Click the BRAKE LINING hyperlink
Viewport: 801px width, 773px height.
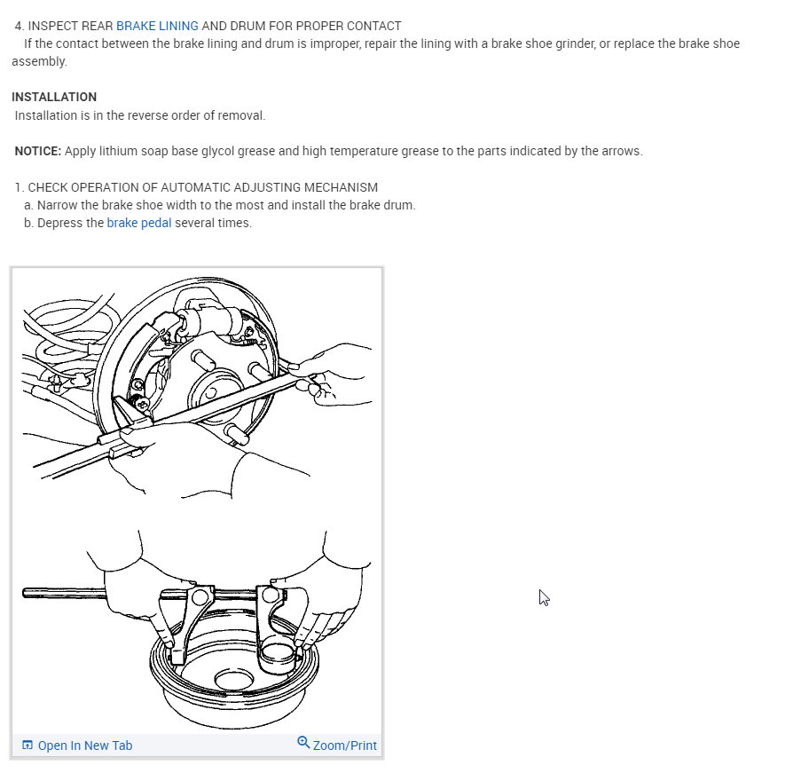coord(157,26)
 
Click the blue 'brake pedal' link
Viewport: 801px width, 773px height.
coord(139,223)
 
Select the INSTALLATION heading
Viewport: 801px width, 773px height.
coord(54,97)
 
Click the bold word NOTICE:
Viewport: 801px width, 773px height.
coord(38,151)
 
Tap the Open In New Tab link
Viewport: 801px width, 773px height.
coord(84,745)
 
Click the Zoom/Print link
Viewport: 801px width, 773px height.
coord(344,745)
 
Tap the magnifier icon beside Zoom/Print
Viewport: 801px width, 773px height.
coord(303,742)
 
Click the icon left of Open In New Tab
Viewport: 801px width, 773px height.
coord(27,745)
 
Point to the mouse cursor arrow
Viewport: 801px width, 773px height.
coord(544,597)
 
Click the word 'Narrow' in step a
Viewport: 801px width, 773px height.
coord(56,205)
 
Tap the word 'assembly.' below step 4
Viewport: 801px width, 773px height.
coord(39,61)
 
